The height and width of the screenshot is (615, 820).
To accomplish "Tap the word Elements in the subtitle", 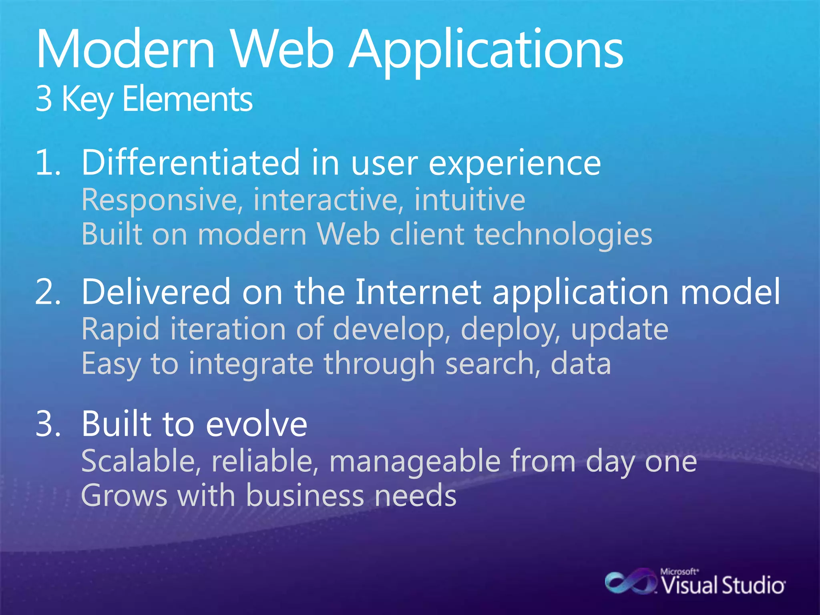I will tap(187, 99).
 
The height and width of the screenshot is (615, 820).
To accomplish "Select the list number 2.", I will tap(48, 291).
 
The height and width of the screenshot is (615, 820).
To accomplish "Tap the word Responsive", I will tap(162, 200).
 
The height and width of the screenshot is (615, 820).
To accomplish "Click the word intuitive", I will tap(469, 200).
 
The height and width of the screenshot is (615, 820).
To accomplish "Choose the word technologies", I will tap(563, 235).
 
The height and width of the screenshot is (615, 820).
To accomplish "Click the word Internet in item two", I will tap(418, 291).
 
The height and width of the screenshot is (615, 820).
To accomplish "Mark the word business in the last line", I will tap(305, 496).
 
